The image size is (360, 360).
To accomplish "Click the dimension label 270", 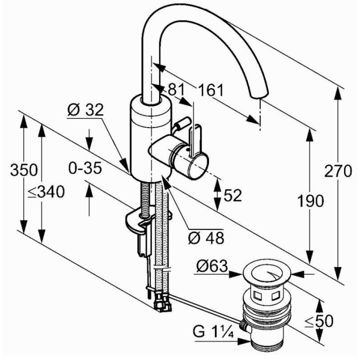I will [x=338, y=171].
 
